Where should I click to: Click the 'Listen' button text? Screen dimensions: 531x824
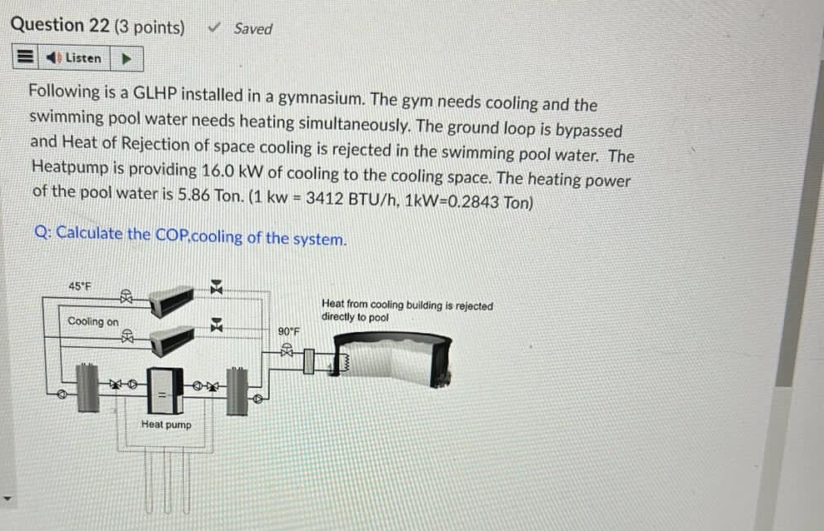[83, 58]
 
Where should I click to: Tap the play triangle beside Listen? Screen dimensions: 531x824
[127, 58]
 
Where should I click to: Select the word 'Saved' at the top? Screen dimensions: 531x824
[252, 29]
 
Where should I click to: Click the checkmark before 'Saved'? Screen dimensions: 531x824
[214, 28]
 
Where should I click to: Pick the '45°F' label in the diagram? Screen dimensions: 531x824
[81, 286]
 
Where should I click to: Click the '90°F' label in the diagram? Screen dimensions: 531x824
[288, 331]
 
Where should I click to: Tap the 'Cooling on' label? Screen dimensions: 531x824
[93, 321]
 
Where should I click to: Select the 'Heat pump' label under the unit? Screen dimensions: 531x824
[166, 424]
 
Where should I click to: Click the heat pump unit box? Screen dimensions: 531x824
[166, 390]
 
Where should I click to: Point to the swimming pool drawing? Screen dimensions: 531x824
[392, 358]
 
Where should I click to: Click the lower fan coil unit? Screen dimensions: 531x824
[172, 336]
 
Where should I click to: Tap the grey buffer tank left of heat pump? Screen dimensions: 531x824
[88, 388]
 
